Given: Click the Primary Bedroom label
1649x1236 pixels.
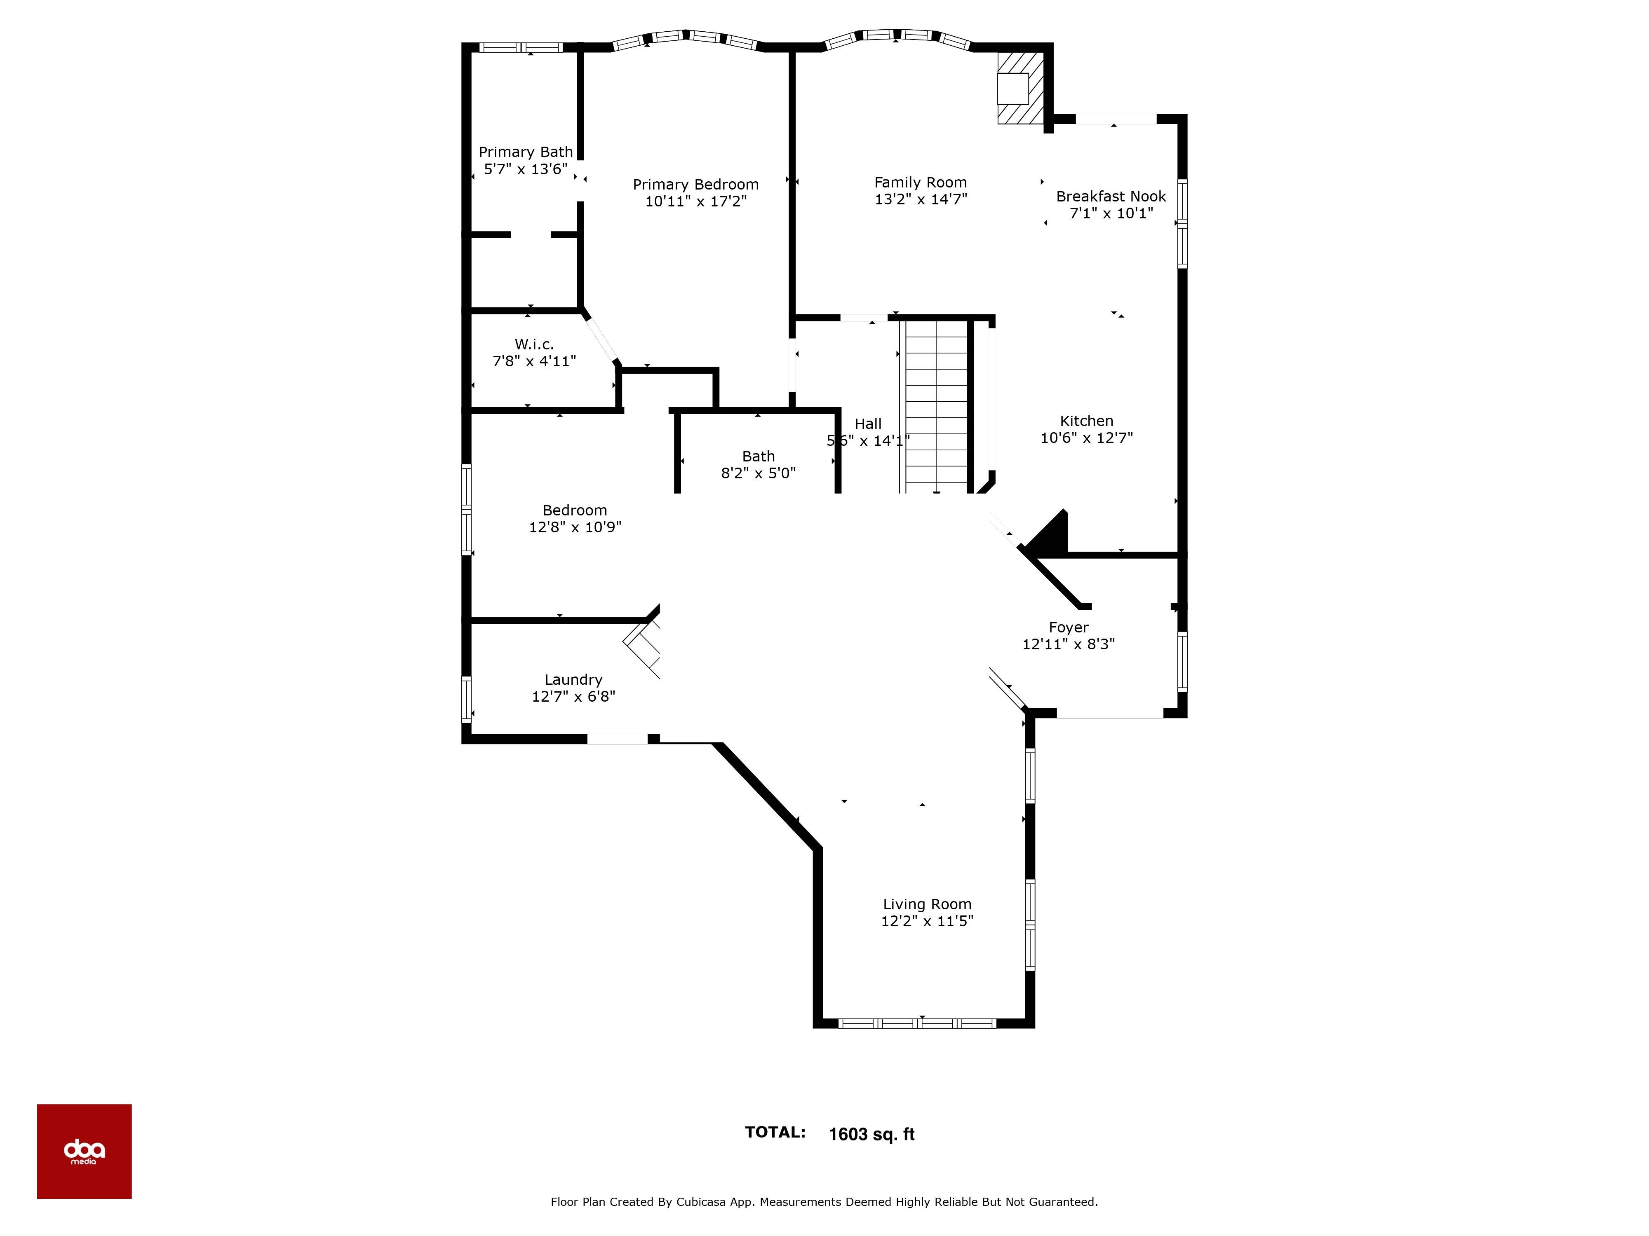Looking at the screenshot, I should tap(695, 184).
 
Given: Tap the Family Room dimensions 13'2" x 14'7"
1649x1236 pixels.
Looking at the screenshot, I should tap(921, 199).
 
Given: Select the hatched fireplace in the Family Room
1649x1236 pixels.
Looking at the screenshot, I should tap(1020, 88).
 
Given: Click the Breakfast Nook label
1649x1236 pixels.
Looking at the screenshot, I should tap(1111, 196).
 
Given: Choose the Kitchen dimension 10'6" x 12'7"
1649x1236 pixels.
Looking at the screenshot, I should tap(1086, 438).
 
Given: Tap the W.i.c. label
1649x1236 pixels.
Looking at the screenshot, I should tap(534, 344).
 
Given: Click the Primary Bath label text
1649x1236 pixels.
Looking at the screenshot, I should tap(526, 152).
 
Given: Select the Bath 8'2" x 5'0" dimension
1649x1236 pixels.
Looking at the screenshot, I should tap(758, 473).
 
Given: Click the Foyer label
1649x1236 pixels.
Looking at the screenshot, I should tap(1068, 627).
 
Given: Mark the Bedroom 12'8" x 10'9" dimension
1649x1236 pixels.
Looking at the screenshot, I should tap(575, 527).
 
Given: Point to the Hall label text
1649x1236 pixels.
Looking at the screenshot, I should tap(868, 424).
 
